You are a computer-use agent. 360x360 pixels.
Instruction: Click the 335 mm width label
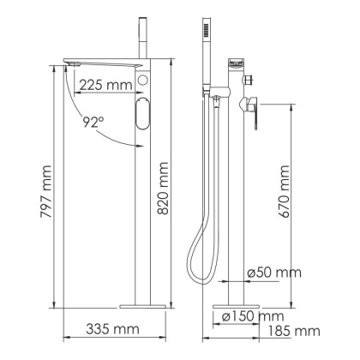pyautogui.click(x=112, y=329)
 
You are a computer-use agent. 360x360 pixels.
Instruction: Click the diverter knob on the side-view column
pyautogui.click(x=250, y=81)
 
